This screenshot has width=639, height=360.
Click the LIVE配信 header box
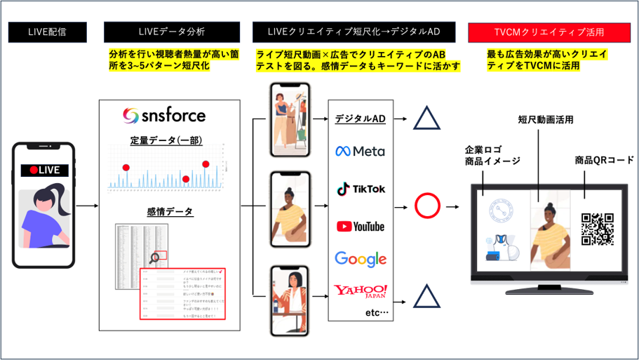48,32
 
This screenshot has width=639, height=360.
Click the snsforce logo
163,114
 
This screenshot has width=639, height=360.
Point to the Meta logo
360,151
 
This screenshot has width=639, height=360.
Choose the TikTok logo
361,189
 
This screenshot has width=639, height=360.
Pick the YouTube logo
361,226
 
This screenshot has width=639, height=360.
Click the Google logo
361,258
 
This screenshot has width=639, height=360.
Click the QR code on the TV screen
598,229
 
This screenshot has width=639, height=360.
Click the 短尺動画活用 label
546,120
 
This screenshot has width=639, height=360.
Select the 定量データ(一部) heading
166,140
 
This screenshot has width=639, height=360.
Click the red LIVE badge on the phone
43,170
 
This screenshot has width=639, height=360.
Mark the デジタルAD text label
361,118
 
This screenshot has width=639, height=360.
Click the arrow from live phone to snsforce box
86,206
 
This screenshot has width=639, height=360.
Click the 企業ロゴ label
483,150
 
